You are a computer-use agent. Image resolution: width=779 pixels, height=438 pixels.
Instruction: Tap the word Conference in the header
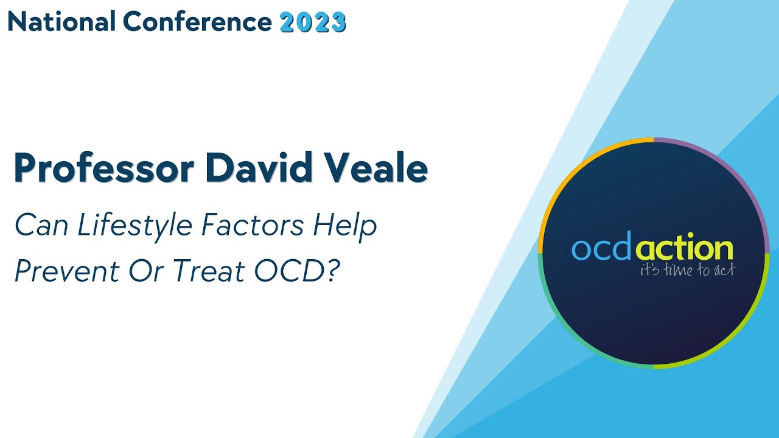(x=197, y=22)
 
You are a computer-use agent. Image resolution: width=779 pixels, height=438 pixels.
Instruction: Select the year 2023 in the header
(x=313, y=23)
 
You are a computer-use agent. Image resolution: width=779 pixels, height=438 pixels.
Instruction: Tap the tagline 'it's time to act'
(x=686, y=271)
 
